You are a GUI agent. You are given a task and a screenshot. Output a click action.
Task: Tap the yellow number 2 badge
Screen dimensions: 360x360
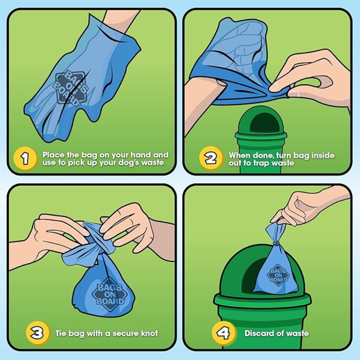pyautogui.click(x=210, y=159)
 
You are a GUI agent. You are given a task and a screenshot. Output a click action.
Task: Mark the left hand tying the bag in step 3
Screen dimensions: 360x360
pyautogui.click(x=52, y=236)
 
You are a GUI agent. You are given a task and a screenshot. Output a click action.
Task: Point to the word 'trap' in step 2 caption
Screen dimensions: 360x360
pyautogui.click(x=260, y=163)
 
